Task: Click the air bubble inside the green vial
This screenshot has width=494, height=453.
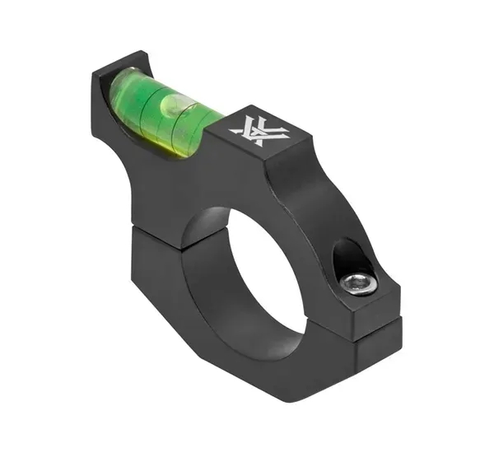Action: (172, 104)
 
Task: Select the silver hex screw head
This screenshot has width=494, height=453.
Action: (356, 284)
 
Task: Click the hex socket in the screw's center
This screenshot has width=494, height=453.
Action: (356, 284)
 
